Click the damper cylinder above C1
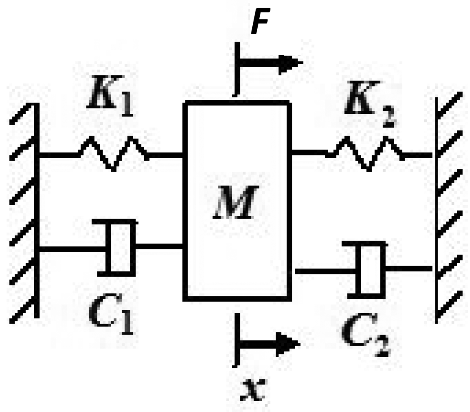pos(120,248)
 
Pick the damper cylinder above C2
pos(370,269)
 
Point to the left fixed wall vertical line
pos(38,210)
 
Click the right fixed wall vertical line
pos(435,210)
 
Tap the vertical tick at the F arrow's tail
pos(237,68)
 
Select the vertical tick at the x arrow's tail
pos(237,340)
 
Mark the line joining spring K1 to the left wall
pos(58,155)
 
